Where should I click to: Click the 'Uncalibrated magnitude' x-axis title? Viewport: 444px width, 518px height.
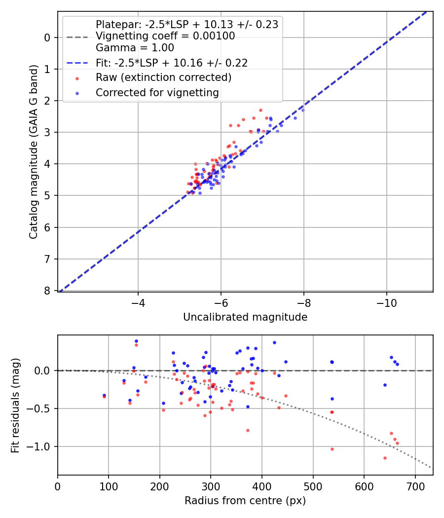pyautogui.click(x=245, y=317)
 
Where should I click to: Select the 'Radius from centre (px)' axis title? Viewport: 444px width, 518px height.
pyautogui.click(x=245, y=501)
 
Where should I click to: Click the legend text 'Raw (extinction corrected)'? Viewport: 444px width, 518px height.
pyautogui.click(x=163, y=77)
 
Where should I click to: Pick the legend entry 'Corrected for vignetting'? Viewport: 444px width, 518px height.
pyautogui.click(x=157, y=92)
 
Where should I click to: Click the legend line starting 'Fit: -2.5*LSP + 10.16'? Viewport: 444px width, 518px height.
pyautogui.click(x=172, y=63)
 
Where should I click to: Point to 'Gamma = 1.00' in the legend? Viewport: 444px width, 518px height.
pyautogui.click(x=135, y=48)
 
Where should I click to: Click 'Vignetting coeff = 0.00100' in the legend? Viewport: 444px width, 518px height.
pyautogui.click(x=165, y=36)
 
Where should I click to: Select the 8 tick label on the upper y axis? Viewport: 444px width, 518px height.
pyautogui.click(x=47, y=291)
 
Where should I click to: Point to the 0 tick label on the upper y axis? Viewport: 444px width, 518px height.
pyautogui.click(x=47, y=37)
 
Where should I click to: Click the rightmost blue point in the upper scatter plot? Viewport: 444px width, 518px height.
pyautogui.click(x=303, y=110)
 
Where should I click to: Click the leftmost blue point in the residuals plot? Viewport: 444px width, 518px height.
pyautogui.click(x=104, y=395)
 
